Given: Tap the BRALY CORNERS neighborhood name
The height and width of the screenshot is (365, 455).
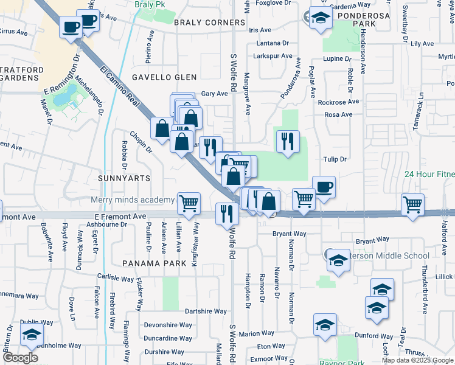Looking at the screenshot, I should click(209, 23).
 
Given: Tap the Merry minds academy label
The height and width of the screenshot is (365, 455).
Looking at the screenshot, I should click(132, 200).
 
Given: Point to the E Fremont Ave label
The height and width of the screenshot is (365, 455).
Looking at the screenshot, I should click(120, 216).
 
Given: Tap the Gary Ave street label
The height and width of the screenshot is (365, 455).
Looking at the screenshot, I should click(214, 94).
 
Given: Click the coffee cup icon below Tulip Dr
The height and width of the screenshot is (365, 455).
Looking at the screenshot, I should click(324, 187).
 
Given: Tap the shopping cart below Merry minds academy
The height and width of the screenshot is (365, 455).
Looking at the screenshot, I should click(189, 203).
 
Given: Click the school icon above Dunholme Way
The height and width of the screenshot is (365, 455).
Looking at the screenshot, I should click(32, 333).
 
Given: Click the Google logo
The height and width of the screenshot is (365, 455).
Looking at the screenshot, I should click(19, 358).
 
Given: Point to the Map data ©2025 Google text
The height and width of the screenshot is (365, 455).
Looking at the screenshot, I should click(417, 360).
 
